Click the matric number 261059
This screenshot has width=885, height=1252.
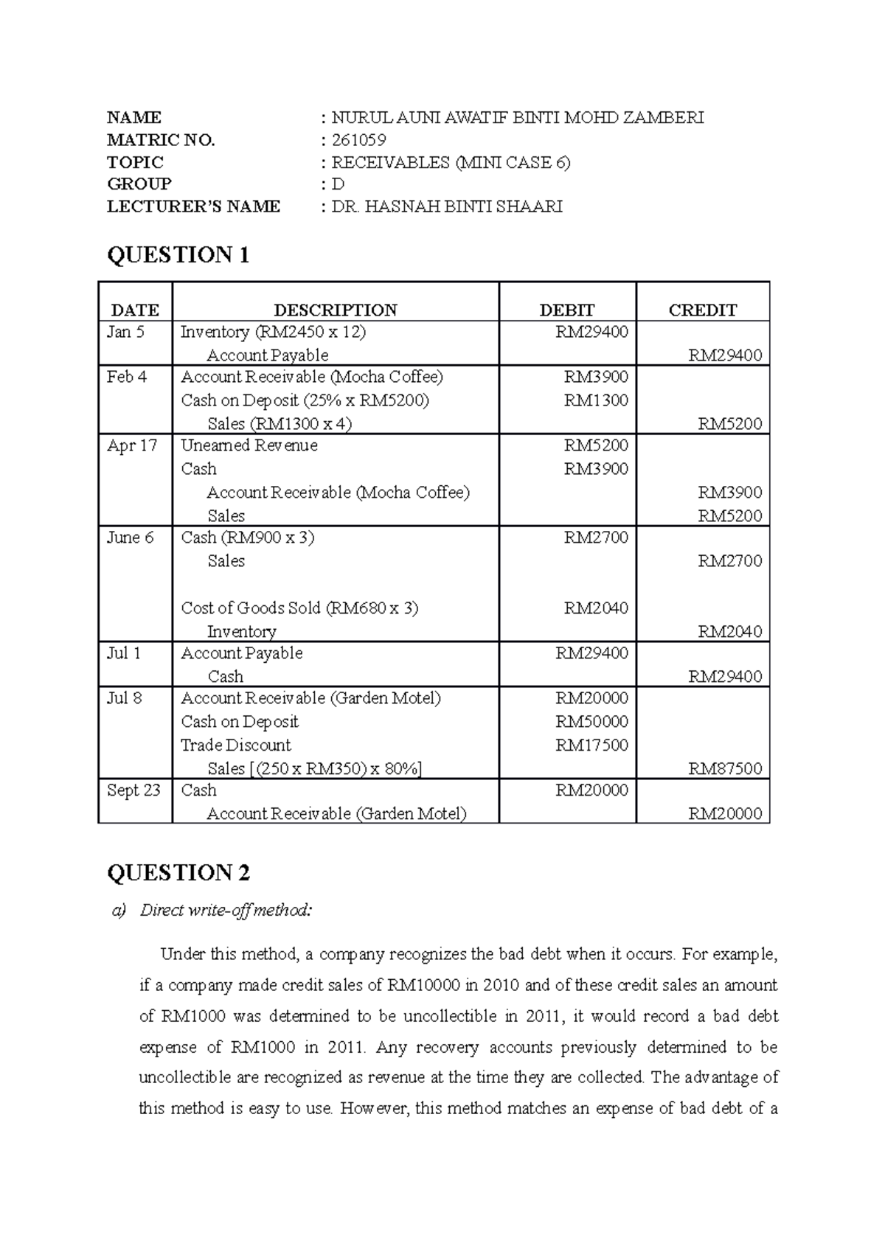[358, 140]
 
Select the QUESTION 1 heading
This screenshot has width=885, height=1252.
[178, 255]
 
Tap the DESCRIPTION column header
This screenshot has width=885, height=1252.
[336, 310]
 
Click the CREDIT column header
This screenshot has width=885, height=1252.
[702, 310]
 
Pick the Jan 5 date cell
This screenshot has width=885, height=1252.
[125, 332]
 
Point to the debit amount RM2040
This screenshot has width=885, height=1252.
[596, 608]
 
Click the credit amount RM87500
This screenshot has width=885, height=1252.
[725, 768]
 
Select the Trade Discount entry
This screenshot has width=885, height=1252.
[236, 745]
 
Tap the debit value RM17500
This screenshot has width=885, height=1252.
[591, 745]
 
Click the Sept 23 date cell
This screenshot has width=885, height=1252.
[133, 790]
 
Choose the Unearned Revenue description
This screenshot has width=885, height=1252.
[249, 445]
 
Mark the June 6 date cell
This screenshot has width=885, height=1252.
[131, 538]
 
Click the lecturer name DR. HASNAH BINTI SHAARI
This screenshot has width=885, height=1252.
[447, 206]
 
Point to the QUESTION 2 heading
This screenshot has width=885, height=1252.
[178, 873]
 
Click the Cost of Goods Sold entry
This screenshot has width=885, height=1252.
[299, 608]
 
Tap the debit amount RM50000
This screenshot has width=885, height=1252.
[591, 721]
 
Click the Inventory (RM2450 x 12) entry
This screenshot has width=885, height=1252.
[273, 332]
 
